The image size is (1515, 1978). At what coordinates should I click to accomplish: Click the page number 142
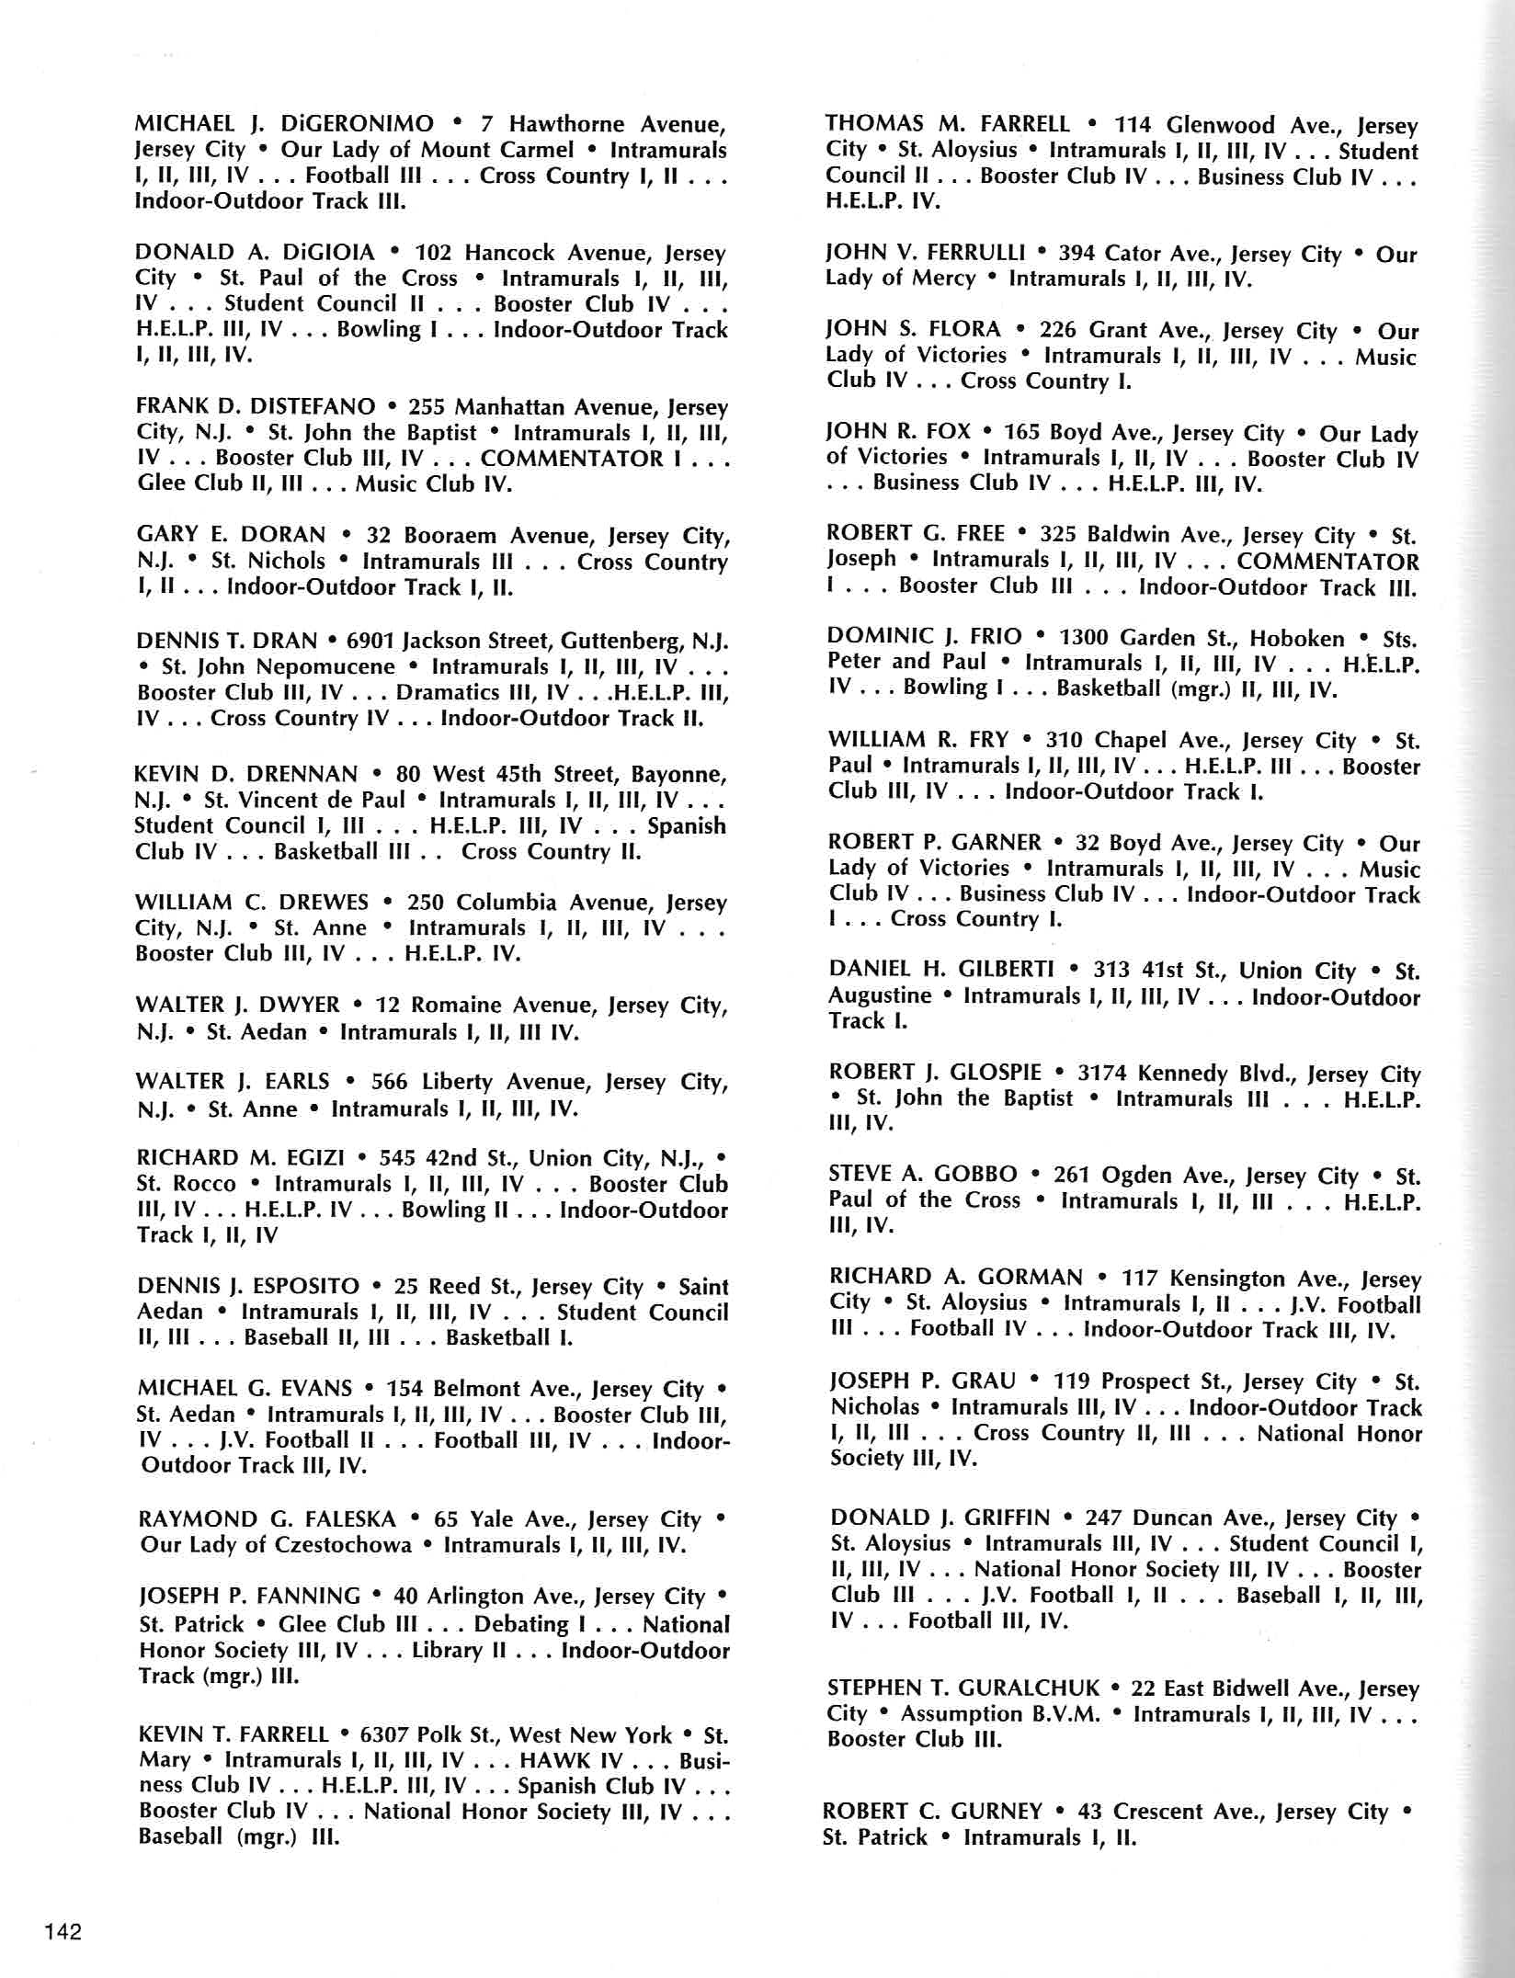pos(62,1931)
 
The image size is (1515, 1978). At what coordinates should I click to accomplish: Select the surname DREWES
pos(319,902)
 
